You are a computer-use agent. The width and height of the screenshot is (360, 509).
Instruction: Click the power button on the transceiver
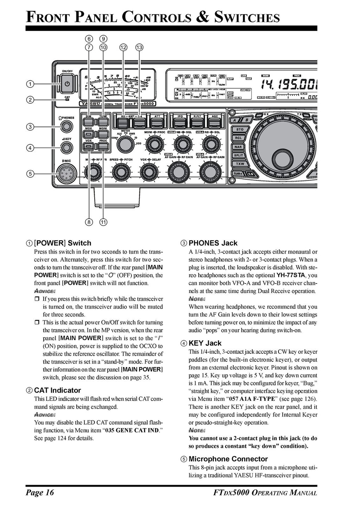click(67, 84)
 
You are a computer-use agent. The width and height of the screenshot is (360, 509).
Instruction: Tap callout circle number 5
click(31, 173)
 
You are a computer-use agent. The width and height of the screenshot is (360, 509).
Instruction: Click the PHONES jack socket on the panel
click(66, 126)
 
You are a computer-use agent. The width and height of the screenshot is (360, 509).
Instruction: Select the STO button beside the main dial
click(240, 130)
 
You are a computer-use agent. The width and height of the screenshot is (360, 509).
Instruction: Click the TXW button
click(240, 164)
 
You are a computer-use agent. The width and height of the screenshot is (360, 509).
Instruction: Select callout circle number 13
click(139, 47)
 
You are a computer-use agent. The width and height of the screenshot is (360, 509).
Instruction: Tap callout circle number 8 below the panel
click(89, 222)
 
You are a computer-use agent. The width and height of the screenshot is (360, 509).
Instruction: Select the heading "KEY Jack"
click(205, 343)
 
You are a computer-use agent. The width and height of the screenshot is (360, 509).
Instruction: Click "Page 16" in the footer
click(39, 492)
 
